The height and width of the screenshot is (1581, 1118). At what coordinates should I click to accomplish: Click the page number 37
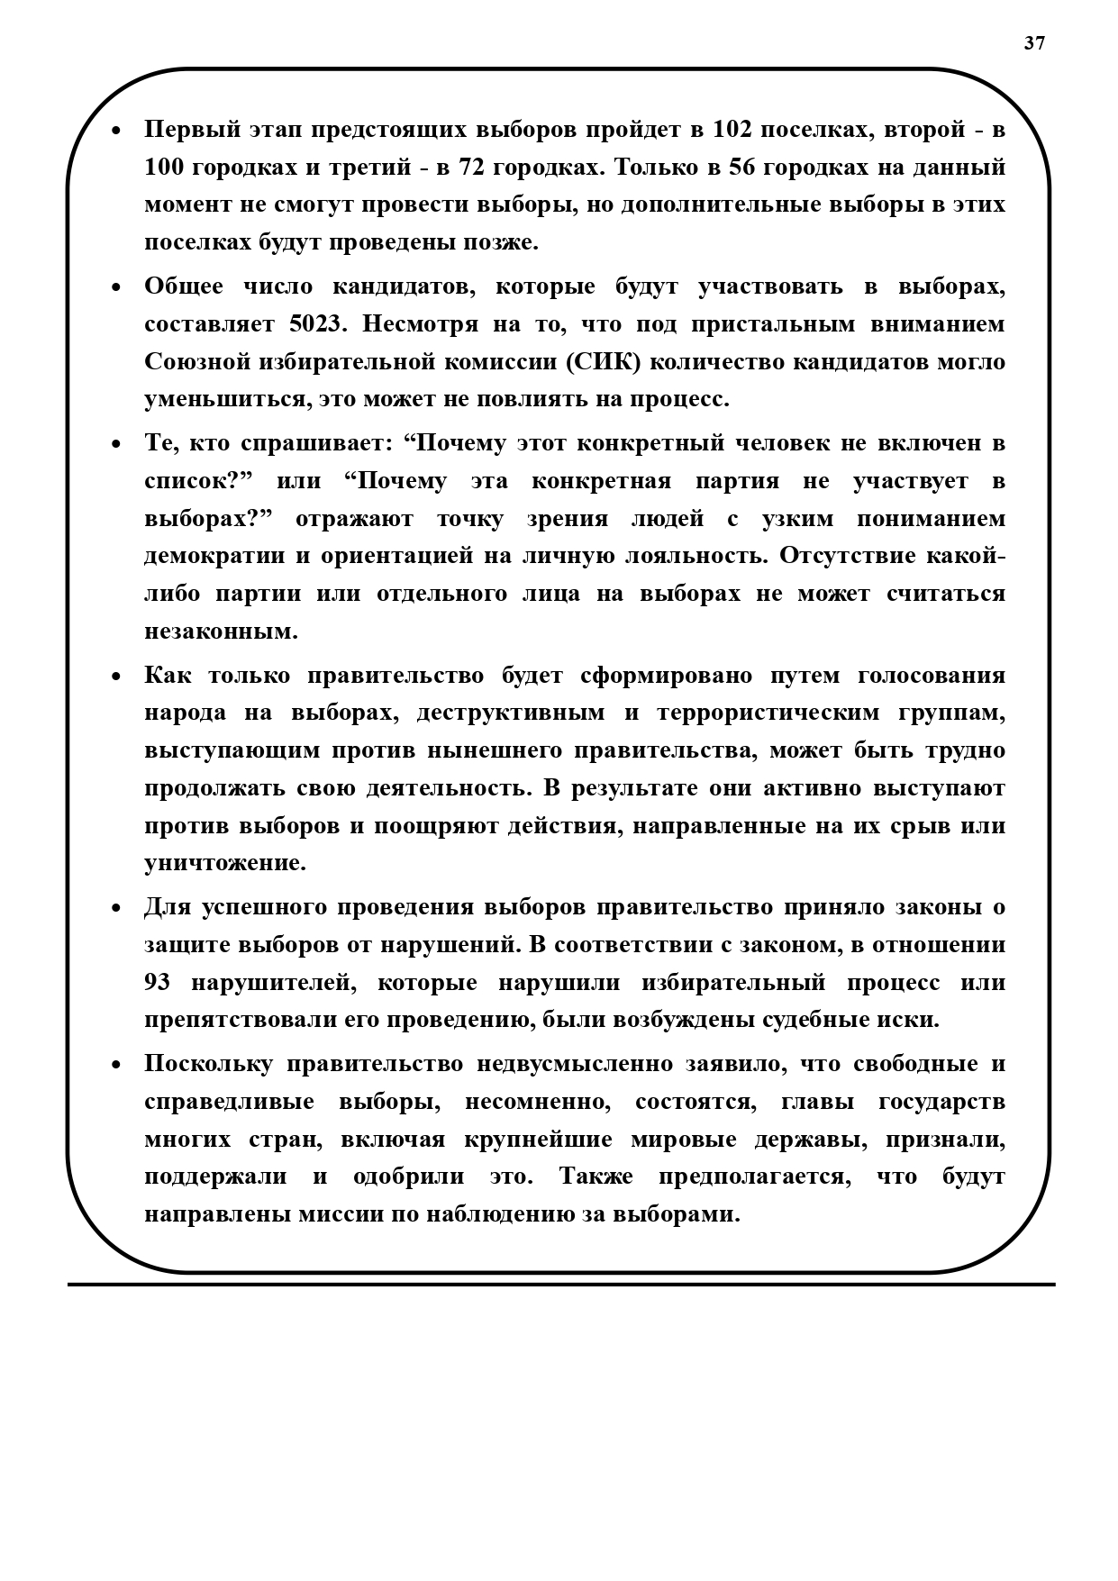1034,43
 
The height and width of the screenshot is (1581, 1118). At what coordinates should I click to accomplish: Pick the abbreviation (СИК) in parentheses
604,362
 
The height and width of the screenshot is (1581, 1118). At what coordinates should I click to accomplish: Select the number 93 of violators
158,983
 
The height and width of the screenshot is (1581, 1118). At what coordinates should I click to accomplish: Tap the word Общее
184,286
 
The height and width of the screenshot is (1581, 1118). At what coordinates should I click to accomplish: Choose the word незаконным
221,631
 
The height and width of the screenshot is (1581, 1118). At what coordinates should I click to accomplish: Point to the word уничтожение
225,863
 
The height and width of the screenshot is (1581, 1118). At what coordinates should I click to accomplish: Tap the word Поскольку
208,1064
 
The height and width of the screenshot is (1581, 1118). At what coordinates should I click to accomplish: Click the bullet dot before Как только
115,677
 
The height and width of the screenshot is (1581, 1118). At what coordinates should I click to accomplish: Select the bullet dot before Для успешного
115,908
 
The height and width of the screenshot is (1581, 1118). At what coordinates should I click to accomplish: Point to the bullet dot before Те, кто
115,444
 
